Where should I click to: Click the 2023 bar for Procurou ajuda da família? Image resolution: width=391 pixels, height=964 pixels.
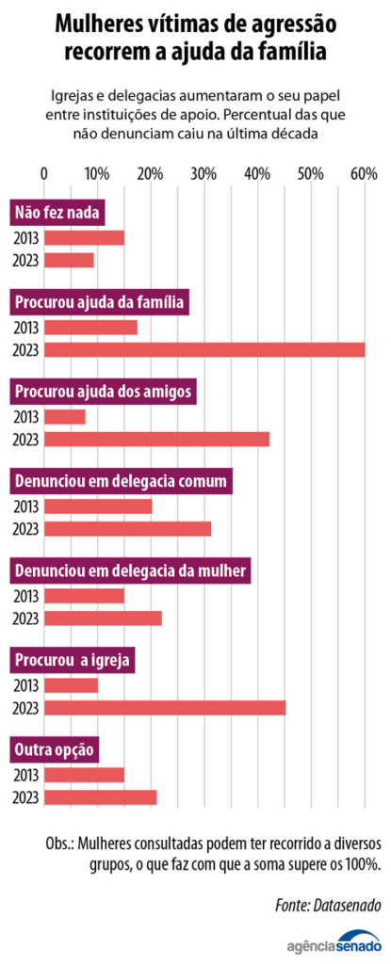pos(204,350)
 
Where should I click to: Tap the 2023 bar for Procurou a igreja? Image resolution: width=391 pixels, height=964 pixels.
pos(165,708)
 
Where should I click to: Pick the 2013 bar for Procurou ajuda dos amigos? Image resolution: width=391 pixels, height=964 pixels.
pos(65,417)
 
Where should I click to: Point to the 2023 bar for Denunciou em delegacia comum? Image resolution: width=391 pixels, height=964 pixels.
pos(127,529)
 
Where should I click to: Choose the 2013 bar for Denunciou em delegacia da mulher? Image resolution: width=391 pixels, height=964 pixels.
pos(84,596)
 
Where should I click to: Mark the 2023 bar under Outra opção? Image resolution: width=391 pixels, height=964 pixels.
pos(100,797)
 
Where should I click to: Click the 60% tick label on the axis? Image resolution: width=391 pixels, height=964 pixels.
pos(364,174)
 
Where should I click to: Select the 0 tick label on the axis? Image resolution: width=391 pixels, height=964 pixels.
pos(44,174)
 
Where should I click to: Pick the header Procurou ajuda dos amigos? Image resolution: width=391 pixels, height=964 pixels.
pos(104,391)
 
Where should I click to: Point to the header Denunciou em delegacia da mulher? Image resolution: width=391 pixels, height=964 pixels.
pos(130,570)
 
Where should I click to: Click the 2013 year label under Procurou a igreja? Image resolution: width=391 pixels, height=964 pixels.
pos(25,685)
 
